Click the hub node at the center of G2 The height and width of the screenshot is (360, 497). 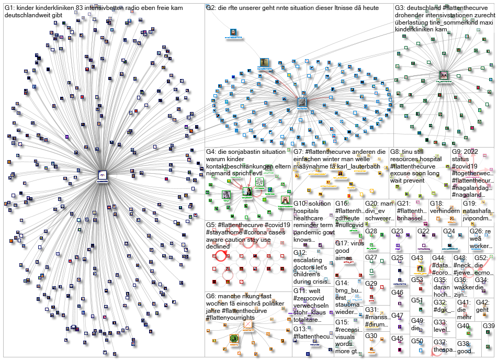(302, 102)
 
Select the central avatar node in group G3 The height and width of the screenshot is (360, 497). (444, 75)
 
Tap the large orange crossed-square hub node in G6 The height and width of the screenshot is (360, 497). (247, 325)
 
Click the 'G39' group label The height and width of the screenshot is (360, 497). (488, 325)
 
